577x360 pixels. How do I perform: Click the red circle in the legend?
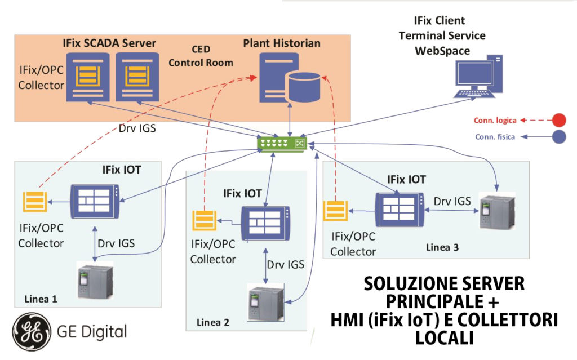click(x=558, y=120)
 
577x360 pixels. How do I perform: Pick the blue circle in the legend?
click(x=558, y=136)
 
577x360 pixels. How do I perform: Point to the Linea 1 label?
click(x=41, y=298)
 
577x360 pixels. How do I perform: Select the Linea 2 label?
click(x=212, y=322)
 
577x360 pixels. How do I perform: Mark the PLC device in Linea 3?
click(x=496, y=211)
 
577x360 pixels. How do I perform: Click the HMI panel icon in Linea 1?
click(x=95, y=200)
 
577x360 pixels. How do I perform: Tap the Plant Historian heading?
click(x=282, y=43)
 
